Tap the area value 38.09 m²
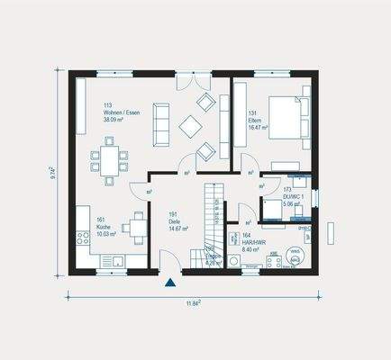tap(117, 119)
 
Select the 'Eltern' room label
tap(255, 120)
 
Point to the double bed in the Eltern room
tap(289, 118)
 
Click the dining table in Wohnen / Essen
tap(108, 162)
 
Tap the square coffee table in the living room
tap(193, 127)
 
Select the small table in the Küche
tap(135, 226)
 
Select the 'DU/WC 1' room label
tap(293, 196)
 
